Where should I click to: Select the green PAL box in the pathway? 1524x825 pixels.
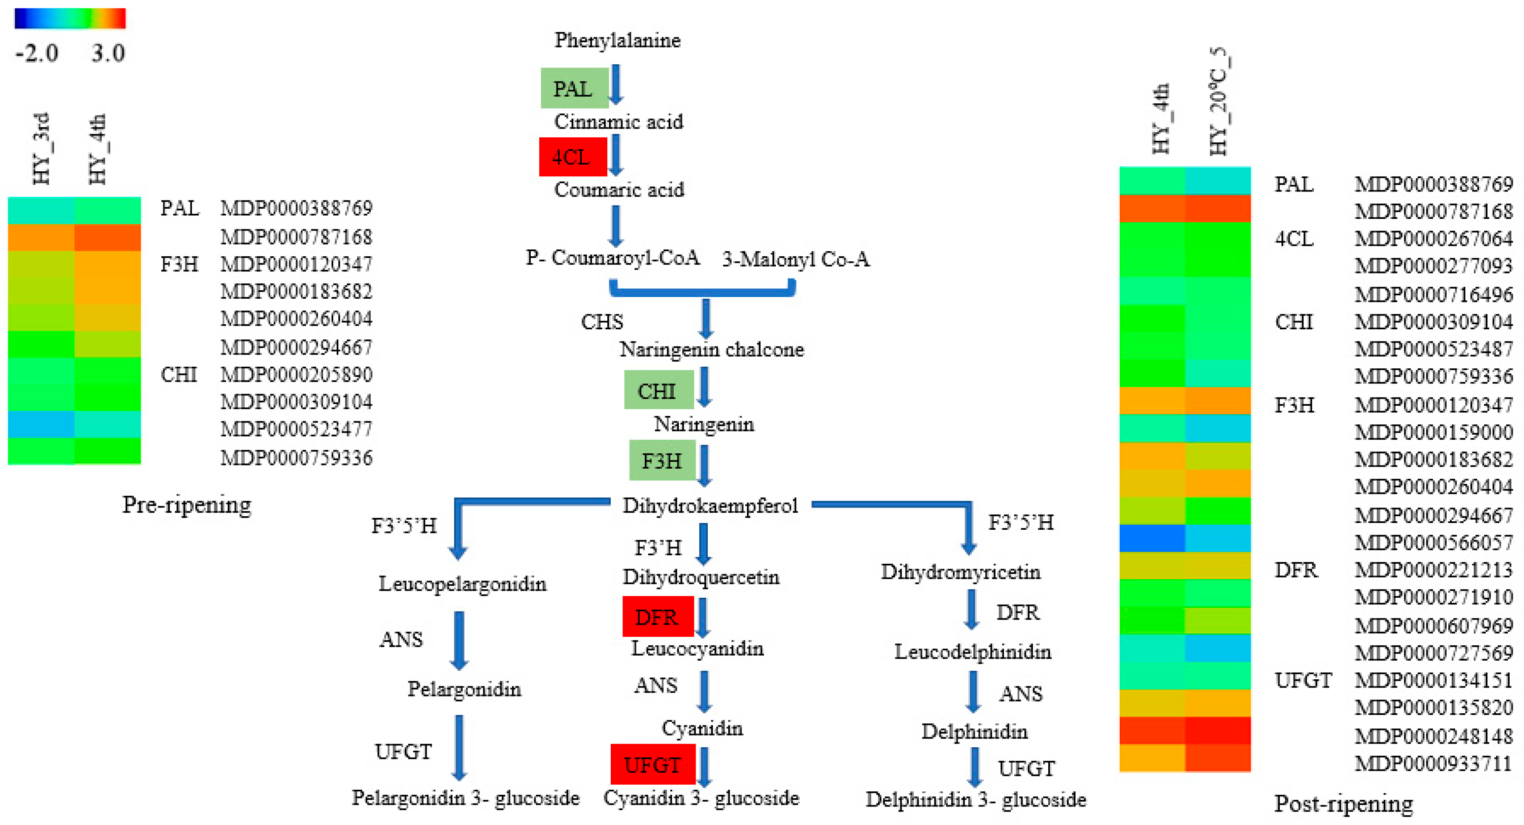574,88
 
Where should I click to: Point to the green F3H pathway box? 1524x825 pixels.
662,460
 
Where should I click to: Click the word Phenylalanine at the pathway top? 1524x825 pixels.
617,40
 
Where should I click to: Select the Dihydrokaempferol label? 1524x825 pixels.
710,506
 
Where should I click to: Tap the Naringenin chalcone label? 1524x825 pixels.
711,349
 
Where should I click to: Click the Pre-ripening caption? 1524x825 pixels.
186,504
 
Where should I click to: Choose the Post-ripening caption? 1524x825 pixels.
1343,803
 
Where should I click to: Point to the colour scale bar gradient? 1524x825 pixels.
70,18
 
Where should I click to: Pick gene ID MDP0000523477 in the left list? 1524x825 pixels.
296,429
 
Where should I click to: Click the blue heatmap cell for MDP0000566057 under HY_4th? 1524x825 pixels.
1152,538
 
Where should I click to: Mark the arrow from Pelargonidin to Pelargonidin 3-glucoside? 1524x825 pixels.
459,748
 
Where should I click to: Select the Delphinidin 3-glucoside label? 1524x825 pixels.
976,799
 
